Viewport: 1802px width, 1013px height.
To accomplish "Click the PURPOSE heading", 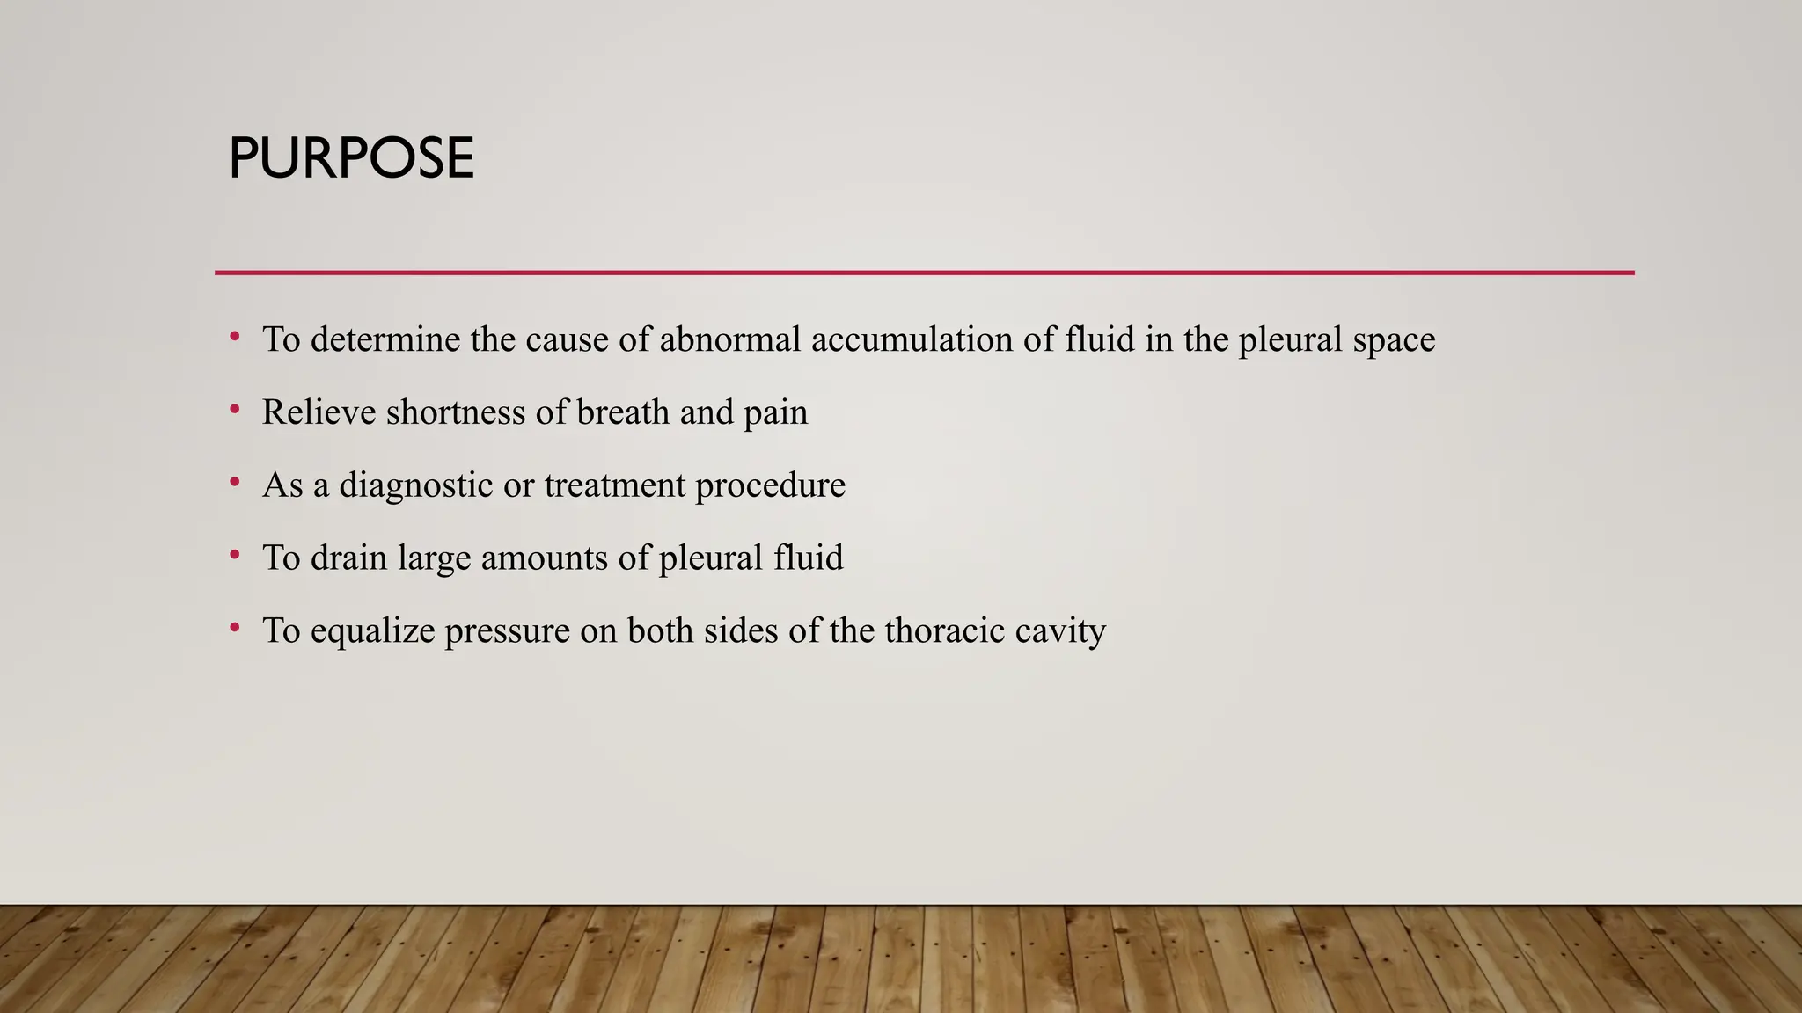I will (x=351, y=159).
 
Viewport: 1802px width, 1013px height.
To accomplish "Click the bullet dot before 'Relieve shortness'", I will (x=234, y=409).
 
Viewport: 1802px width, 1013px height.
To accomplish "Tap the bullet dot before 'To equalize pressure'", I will (x=234, y=627).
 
